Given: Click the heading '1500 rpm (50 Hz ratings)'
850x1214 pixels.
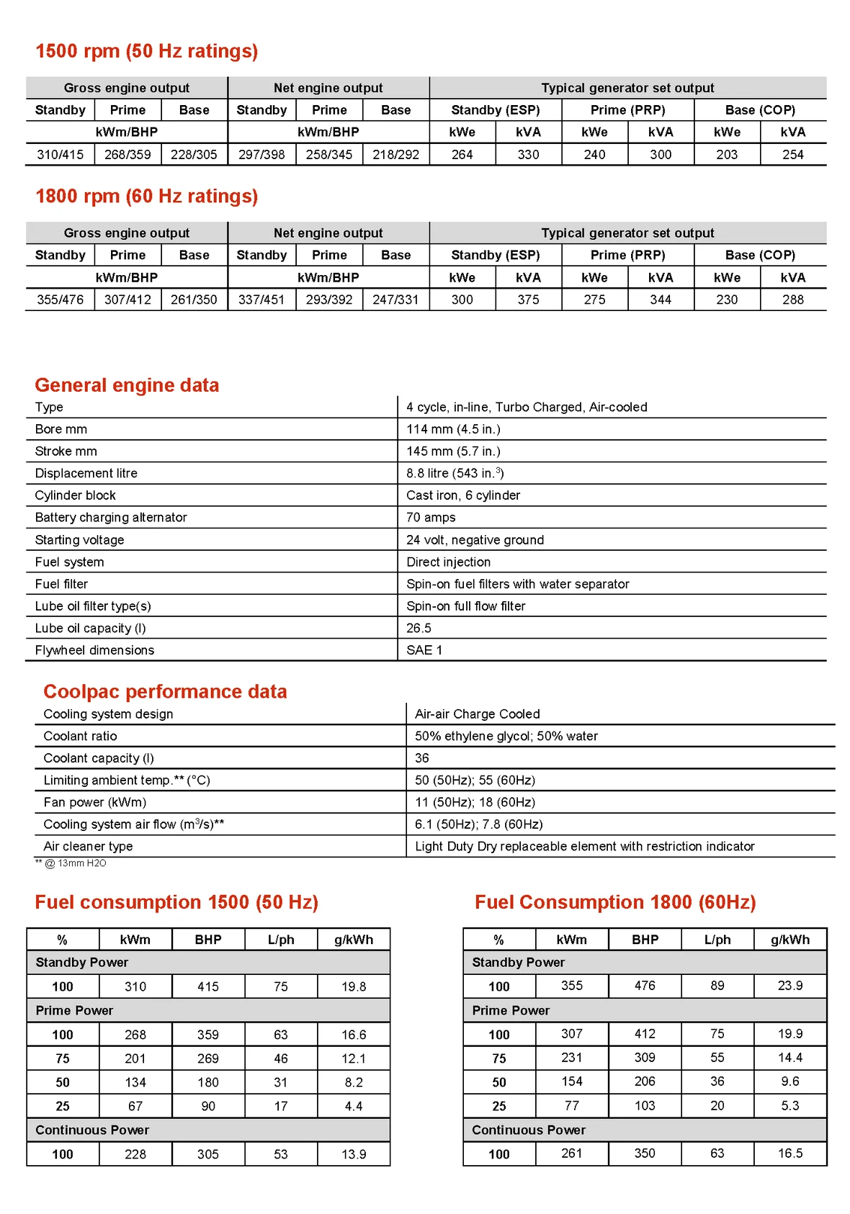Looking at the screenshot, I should pyautogui.click(x=146, y=51).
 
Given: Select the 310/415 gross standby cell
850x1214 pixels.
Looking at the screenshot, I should pyautogui.click(x=60, y=155).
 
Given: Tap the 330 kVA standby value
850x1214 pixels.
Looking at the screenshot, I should pyautogui.click(x=528, y=155).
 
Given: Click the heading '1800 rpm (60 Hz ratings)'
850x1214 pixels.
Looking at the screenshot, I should pyautogui.click(x=146, y=197).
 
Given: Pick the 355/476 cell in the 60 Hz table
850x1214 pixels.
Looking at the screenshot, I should pyautogui.click(x=60, y=300).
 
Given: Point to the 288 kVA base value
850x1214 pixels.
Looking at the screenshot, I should pyautogui.click(x=792, y=300).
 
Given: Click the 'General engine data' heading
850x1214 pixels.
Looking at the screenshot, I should pyautogui.click(x=127, y=385).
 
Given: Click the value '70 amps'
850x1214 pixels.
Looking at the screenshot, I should pyautogui.click(x=431, y=518).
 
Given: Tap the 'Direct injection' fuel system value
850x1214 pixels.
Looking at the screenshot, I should pyautogui.click(x=448, y=562).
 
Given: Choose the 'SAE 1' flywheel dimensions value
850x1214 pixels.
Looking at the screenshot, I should pyautogui.click(x=424, y=650).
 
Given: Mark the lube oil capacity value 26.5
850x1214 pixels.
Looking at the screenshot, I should pyautogui.click(x=419, y=628).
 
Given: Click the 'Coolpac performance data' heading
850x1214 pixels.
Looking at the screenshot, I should pyautogui.click(x=165, y=691).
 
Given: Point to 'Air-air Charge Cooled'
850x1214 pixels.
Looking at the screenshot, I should pyautogui.click(x=477, y=714).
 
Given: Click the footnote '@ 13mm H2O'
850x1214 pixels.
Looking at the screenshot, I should pyautogui.click(x=75, y=863).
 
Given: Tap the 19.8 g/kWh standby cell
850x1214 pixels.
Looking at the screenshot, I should pyautogui.click(x=354, y=986).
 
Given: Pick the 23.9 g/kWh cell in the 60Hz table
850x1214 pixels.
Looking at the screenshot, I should pyautogui.click(x=789, y=986).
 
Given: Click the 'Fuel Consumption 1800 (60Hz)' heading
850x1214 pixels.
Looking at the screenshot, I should pyautogui.click(x=615, y=902).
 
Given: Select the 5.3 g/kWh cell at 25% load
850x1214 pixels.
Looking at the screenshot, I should pyautogui.click(x=789, y=1105).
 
